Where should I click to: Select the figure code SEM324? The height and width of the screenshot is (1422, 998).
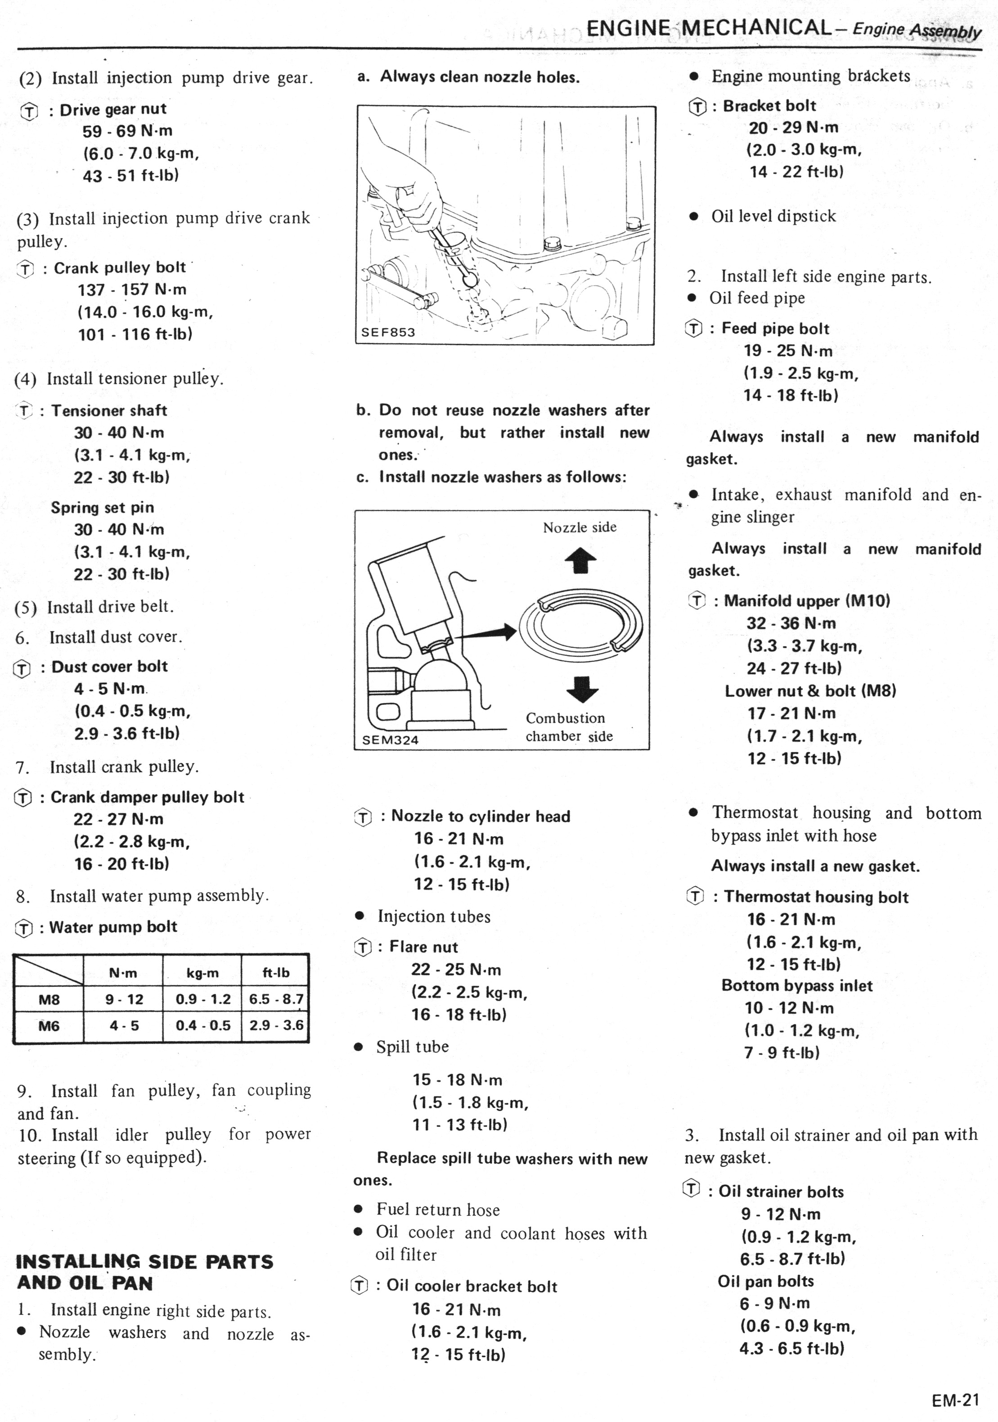click(390, 740)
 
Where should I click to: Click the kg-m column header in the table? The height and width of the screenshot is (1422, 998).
click(202, 973)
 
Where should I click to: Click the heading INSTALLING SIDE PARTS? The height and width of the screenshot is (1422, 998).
click(144, 1262)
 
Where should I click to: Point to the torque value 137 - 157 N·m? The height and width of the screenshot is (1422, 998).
click(132, 290)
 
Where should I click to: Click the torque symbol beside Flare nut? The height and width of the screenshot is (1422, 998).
click(363, 948)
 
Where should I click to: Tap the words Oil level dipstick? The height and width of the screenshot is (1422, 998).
click(773, 216)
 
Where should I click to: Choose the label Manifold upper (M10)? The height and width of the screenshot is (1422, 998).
click(807, 601)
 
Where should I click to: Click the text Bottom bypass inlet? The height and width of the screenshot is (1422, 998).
click(797, 986)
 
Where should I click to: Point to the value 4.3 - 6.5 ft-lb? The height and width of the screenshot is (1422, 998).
click(792, 1348)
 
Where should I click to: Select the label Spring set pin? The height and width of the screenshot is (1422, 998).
click(102, 507)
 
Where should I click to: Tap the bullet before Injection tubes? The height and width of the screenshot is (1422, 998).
click(359, 916)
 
